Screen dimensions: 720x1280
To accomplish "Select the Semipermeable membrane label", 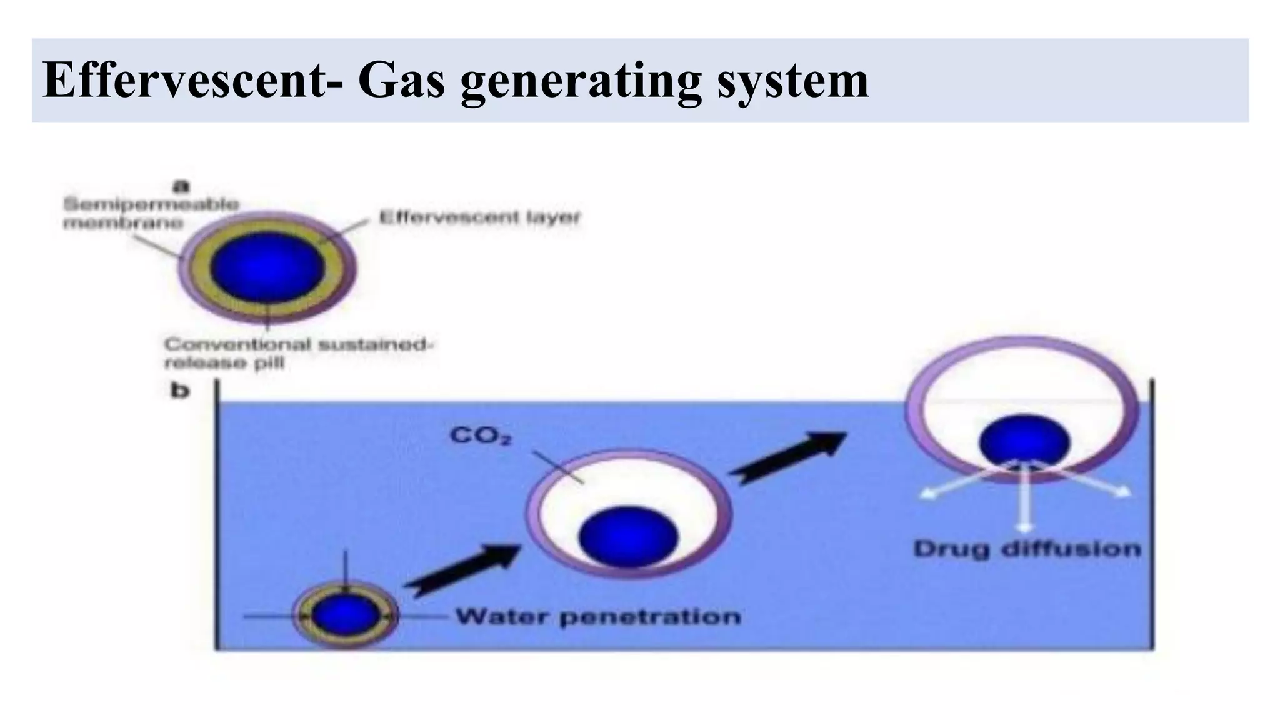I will coord(151,213).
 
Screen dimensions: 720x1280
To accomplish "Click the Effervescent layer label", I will coord(480,217).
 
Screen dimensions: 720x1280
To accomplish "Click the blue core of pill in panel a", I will coord(267,267).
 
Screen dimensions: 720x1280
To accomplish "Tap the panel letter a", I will coord(182,185).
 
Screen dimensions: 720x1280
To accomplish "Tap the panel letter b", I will coord(181,391).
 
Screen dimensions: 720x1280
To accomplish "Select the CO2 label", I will coord(481,436).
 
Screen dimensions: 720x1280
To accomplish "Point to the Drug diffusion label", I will coord(1027,549).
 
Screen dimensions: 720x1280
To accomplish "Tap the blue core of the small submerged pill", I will coord(345,616).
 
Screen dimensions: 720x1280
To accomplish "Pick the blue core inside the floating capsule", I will coord(1024,441).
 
